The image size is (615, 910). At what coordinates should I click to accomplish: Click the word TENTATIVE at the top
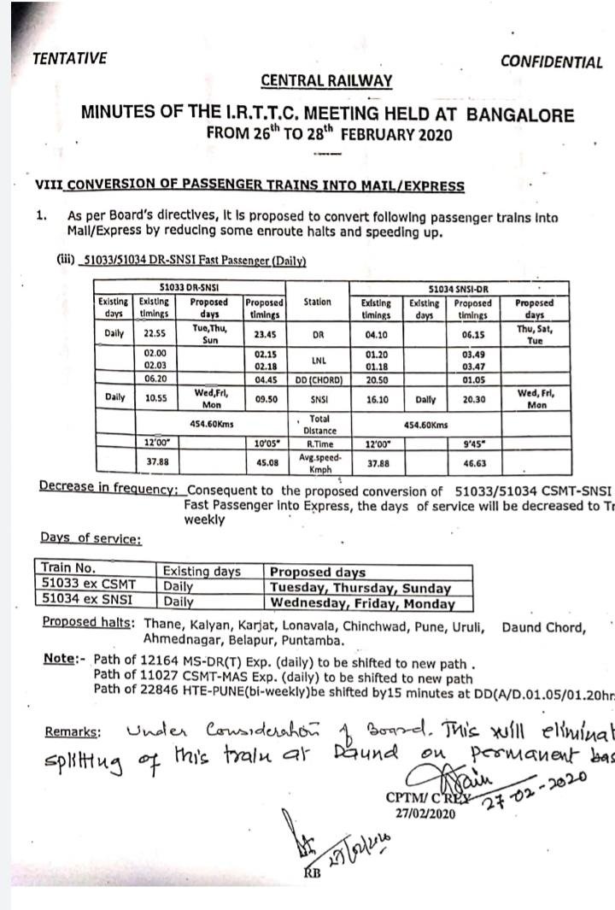(69, 58)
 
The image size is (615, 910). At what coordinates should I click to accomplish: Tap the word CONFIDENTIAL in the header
(551, 62)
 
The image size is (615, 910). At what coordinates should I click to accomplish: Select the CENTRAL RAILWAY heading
(326, 81)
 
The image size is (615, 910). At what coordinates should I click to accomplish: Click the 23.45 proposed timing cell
(263, 334)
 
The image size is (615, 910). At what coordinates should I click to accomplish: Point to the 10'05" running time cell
(263, 443)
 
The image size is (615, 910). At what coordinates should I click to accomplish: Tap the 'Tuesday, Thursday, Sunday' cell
(360, 588)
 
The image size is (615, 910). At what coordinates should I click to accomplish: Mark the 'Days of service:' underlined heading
(91, 538)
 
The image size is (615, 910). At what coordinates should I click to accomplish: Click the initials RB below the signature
(313, 872)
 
